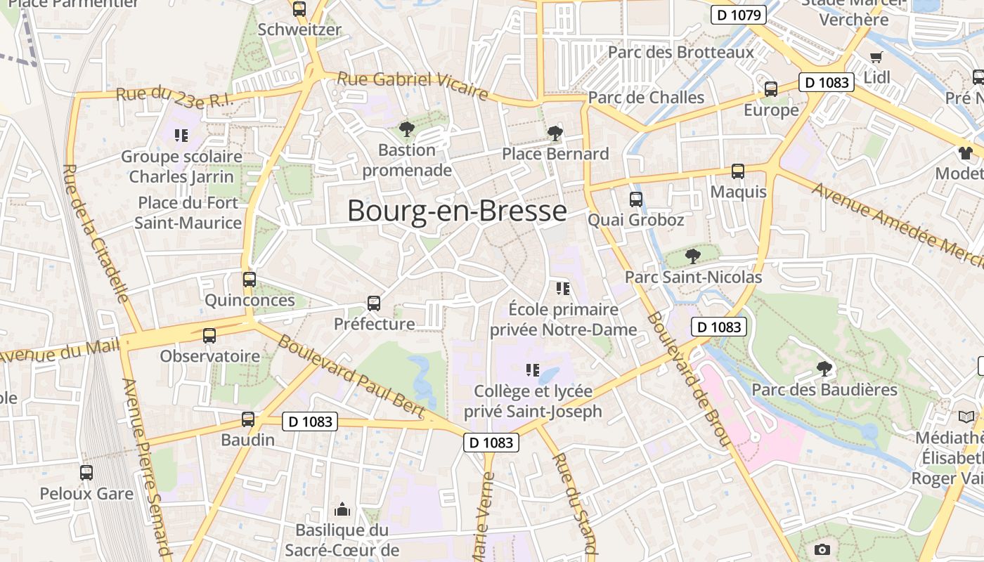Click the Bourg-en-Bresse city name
tap(457, 211)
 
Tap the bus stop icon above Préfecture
tap(374, 303)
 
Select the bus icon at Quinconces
tap(250, 279)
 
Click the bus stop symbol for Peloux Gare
tap(86, 473)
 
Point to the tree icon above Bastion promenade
tap(406, 129)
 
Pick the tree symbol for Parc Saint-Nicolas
tap(693, 255)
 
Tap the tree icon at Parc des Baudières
tap(824, 367)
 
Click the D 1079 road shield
tap(737, 15)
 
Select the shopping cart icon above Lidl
tap(876, 57)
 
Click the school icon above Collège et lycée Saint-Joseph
tap(533, 370)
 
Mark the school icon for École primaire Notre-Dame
tap(562, 288)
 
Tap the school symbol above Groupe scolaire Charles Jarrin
tap(181, 135)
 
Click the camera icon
tap(822, 549)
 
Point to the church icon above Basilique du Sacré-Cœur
tap(342, 509)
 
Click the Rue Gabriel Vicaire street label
tap(413, 84)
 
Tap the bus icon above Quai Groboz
tap(636, 199)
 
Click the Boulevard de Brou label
tap(687, 379)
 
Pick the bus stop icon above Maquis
tap(738, 171)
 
